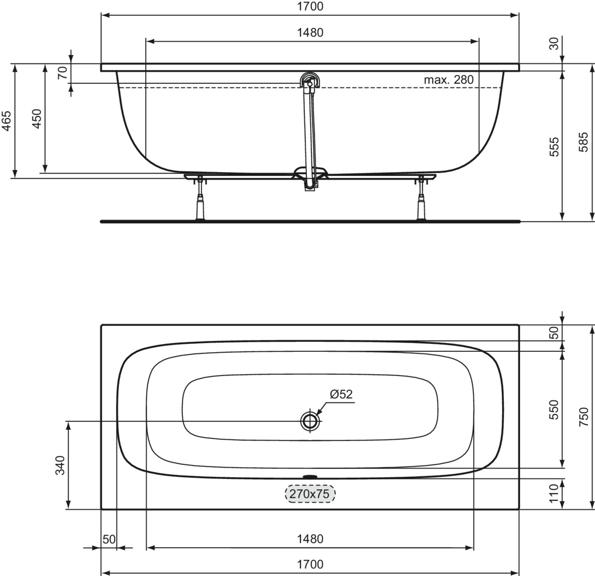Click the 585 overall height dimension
point(584,142)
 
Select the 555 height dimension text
point(554,147)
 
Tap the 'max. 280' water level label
point(449,80)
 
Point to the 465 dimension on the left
point(6,121)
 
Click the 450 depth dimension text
point(37,119)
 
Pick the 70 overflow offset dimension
point(63,73)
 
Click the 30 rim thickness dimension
point(554,44)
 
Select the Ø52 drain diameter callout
point(341,394)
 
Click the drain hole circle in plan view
point(310,421)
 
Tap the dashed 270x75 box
point(310,494)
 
